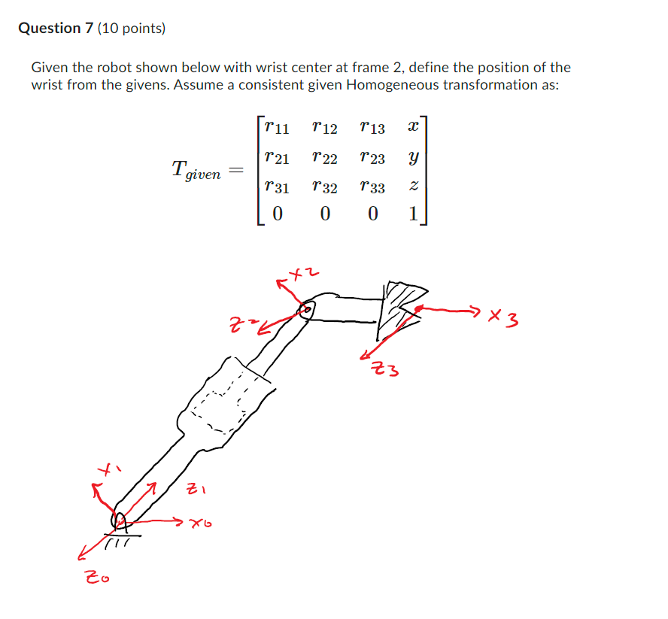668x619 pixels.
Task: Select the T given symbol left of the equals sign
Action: (x=196, y=171)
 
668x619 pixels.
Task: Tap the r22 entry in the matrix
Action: (x=324, y=158)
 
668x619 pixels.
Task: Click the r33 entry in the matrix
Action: (x=372, y=187)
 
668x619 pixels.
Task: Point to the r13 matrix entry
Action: (x=372, y=128)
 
